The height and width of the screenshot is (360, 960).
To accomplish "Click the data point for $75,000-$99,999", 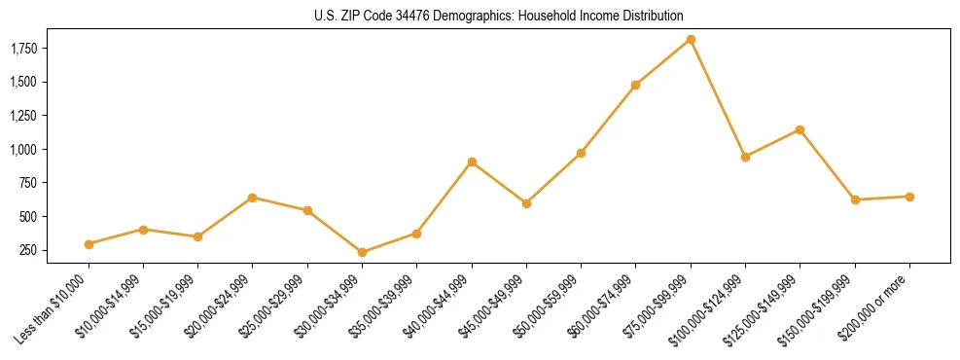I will click(691, 39).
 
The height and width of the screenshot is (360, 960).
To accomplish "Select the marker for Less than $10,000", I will click(89, 244).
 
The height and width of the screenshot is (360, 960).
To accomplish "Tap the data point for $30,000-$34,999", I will click(362, 252).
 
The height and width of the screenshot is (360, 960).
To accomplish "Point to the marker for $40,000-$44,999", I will click(472, 162).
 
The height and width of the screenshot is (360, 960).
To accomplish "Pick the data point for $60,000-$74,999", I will click(635, 85).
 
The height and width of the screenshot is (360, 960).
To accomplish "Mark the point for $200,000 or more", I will click(909, 197).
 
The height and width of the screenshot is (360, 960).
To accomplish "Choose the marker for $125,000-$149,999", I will click(800, 129).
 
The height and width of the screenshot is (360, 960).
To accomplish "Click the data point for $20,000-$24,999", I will click(253, 198).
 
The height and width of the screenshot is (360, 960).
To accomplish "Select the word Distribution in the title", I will click(653, 17).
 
